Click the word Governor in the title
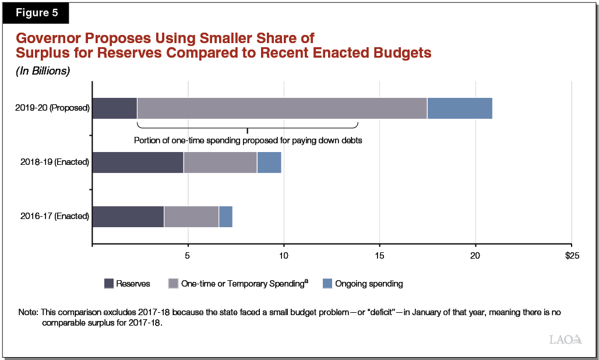pos(50,38)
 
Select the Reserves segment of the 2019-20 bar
pos(114,108)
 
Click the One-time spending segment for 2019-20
pos(281,108)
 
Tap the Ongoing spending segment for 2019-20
pos(459,108)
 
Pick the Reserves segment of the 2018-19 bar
pos(138,163)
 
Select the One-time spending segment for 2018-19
pos(220,163)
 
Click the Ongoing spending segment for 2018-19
pos(269,163)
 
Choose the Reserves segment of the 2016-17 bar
pos(128,217)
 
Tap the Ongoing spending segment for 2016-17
pos(225,217)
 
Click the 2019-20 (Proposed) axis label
pos(54,108)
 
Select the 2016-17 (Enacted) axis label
pos(55,217)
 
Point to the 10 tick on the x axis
pos(284,256)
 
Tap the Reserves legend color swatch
pos(108,284)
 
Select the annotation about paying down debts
pos(248,140)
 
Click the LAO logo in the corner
pos(565,339)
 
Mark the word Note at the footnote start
pos(27,313)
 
